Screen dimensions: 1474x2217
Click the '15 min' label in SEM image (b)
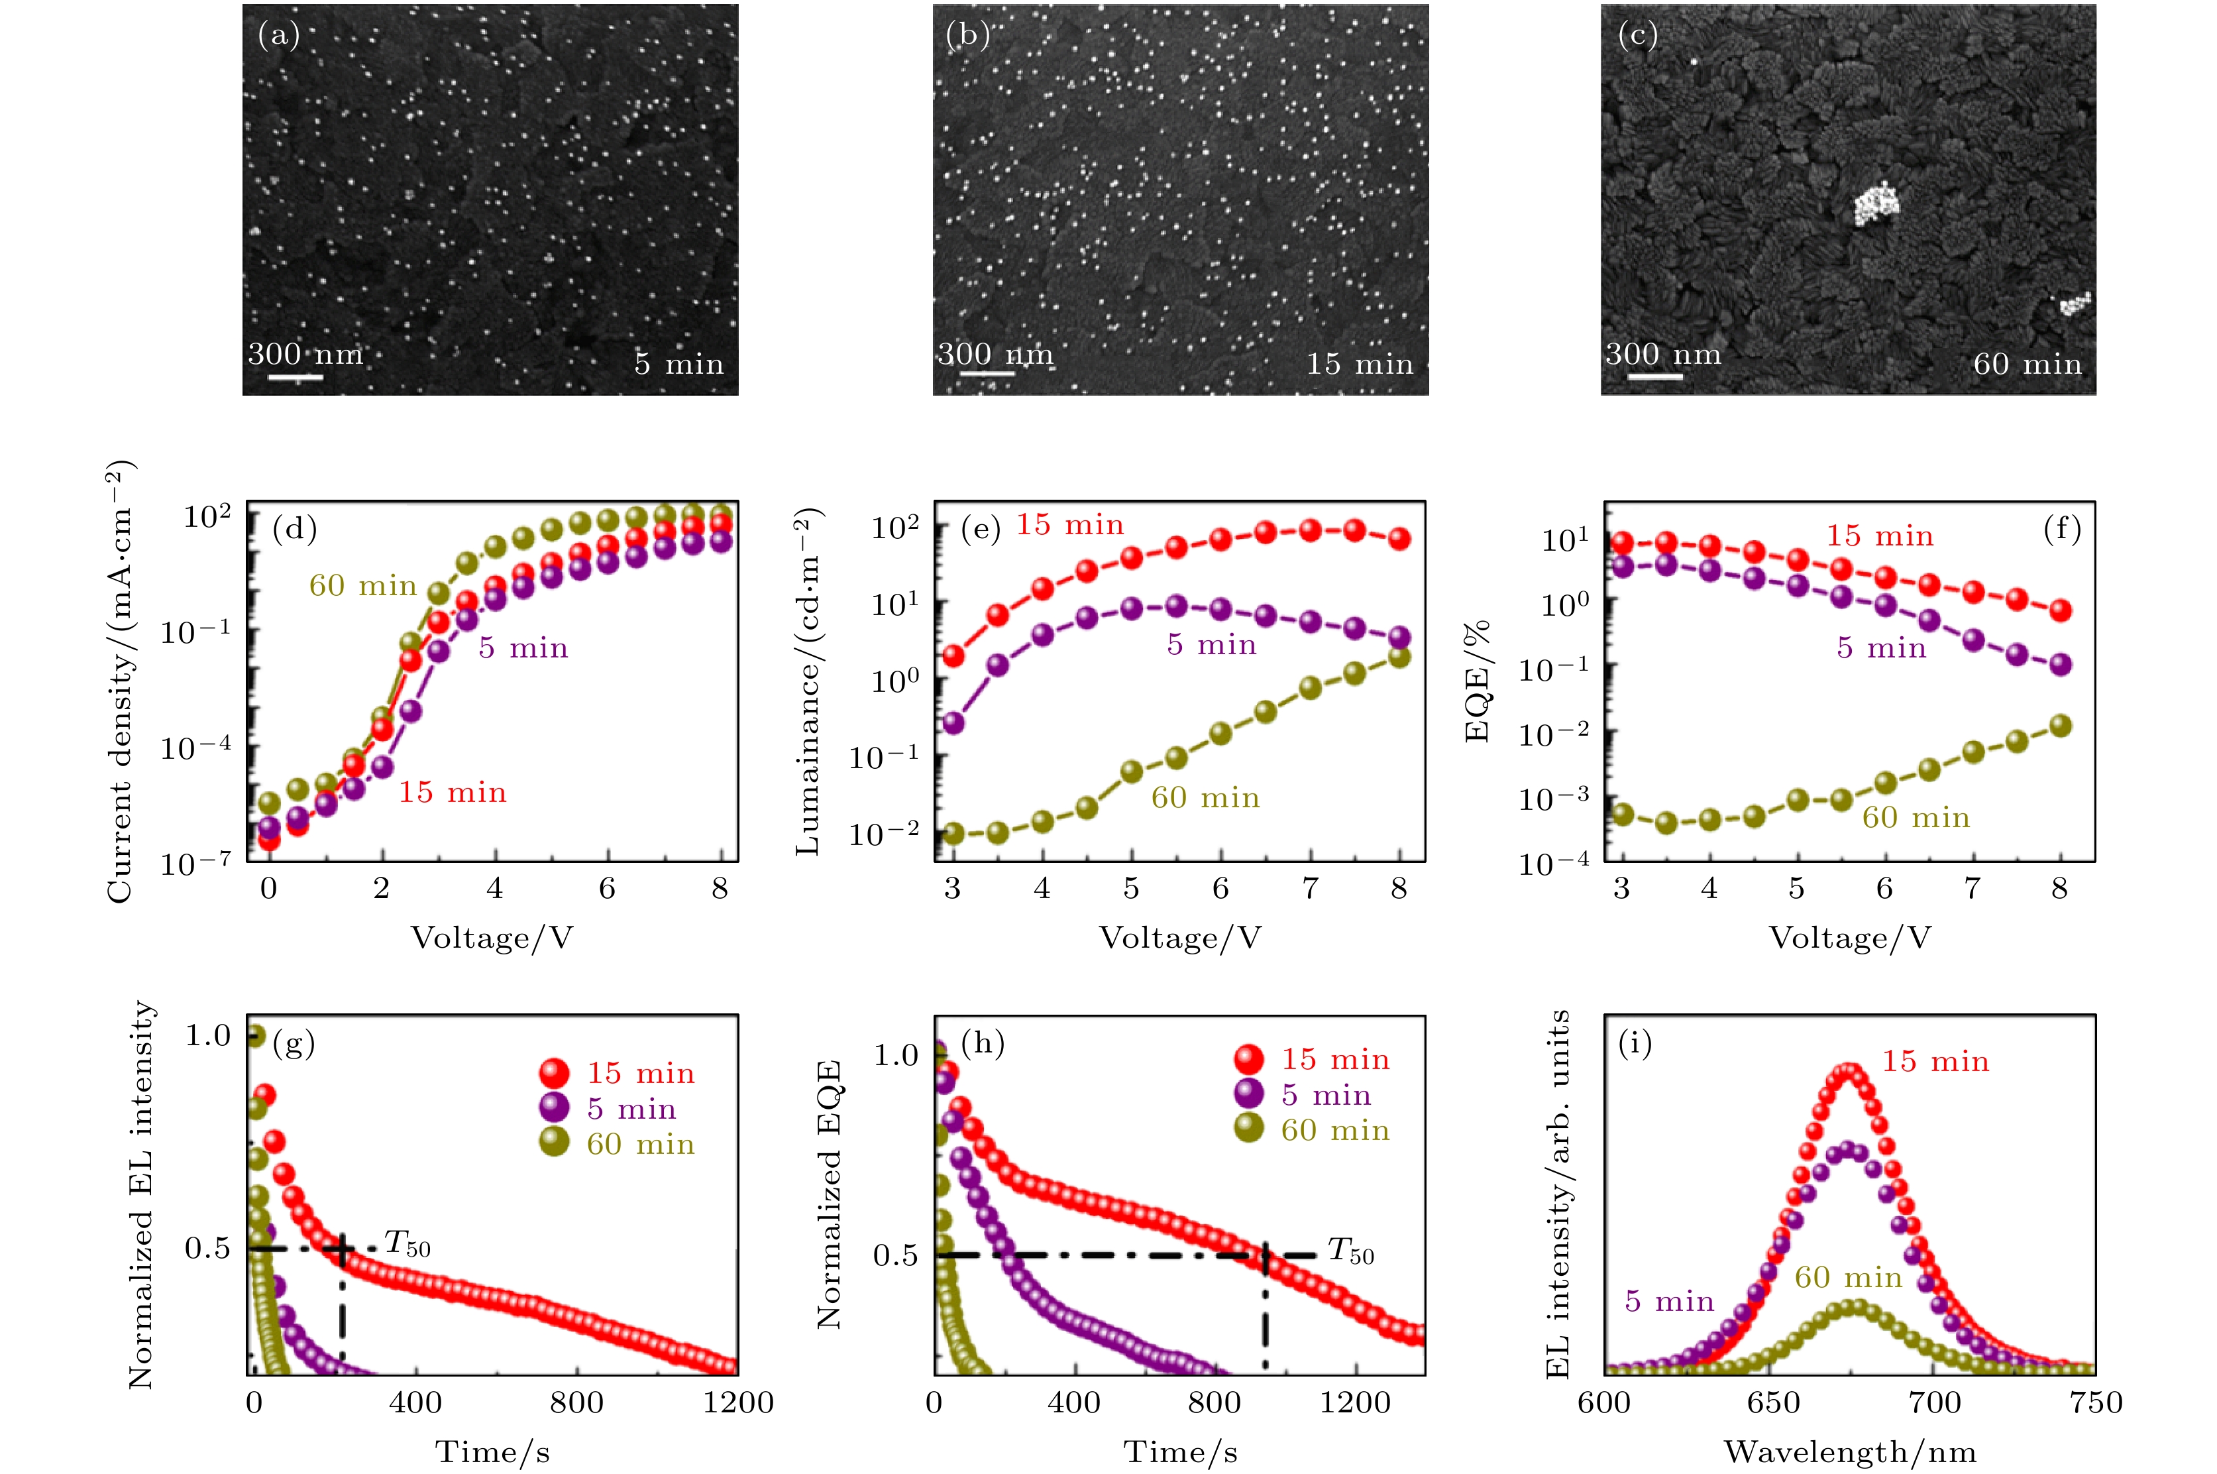1359,364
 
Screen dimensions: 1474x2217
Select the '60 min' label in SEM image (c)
2027,364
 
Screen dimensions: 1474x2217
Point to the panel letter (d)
294,530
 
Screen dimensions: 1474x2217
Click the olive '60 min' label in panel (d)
363,586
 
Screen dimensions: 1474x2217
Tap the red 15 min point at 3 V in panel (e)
953,655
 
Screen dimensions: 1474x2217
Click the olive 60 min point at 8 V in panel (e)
1399,657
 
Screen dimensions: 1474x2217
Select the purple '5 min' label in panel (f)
1882,648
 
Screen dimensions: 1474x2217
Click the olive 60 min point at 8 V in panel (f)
2060,726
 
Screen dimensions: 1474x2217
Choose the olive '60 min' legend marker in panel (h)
1249,1129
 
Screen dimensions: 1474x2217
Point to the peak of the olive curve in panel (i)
1854,1308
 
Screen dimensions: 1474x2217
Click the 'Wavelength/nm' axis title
1849,1452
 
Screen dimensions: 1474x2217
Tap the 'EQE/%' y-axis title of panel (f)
1478,681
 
